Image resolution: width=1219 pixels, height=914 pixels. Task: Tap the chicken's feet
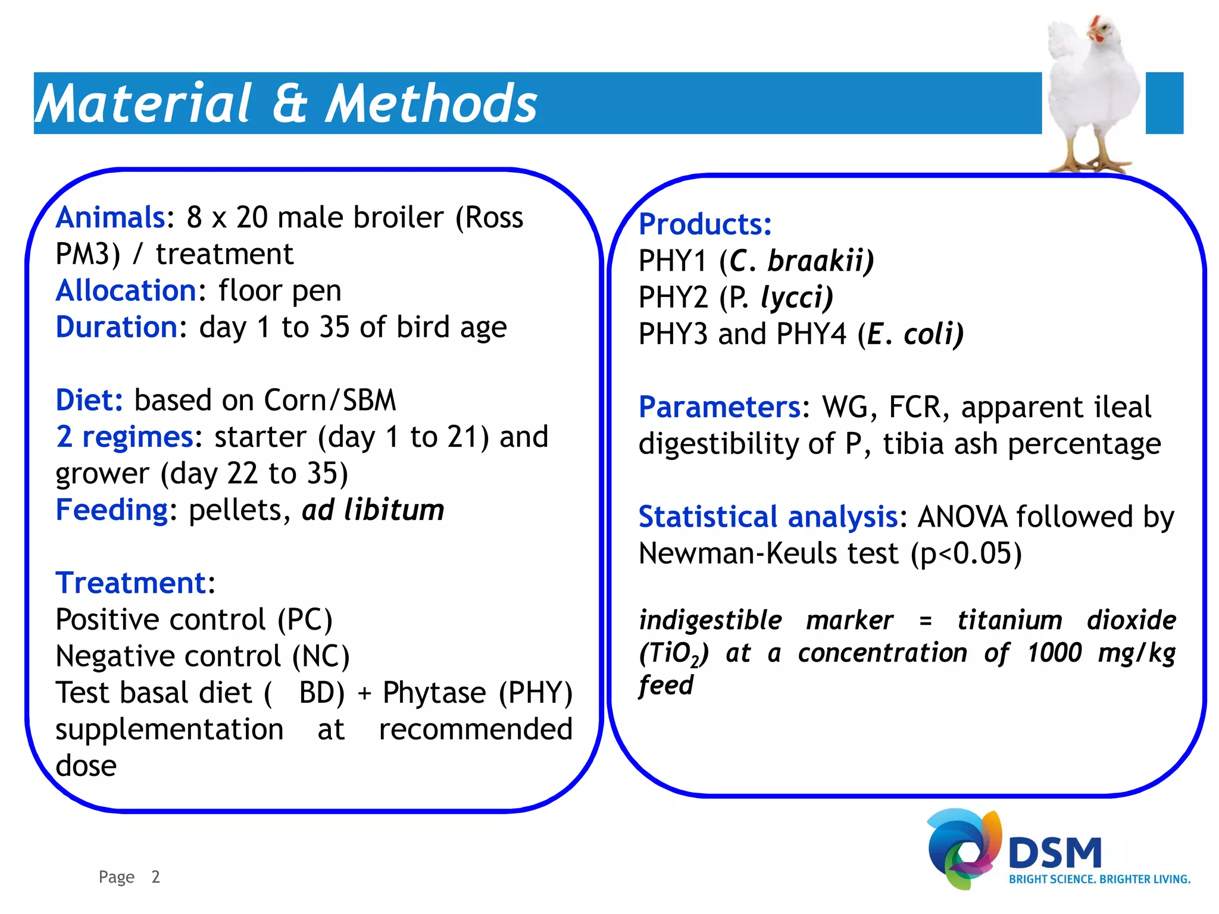click(1092, 162)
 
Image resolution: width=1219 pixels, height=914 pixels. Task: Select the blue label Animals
click(110, 217)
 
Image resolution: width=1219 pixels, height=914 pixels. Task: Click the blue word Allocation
click(126, 291)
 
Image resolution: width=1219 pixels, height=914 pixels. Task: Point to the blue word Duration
click(117, 327)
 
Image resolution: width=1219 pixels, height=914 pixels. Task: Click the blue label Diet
click(89, 400)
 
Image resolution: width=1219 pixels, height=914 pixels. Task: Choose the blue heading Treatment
click(130, 583)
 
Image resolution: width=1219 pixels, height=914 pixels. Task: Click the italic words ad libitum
click(373, 510)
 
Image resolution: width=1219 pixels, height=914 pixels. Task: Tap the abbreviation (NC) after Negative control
click(321, 656)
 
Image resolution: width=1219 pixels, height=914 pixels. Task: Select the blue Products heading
click(705, 224)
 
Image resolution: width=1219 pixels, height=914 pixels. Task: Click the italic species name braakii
click(820, 261)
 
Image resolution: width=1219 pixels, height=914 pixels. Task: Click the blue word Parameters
click(720, 407)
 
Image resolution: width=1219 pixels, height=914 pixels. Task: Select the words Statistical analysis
click(768, 517)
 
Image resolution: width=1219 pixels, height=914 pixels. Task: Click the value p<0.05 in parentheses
click(965, 553)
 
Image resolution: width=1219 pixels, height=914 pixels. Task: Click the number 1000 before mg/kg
click(1054, 653)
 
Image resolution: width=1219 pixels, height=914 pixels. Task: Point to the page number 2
click(155, 877)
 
